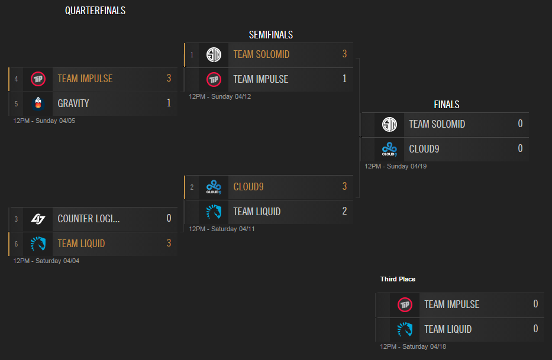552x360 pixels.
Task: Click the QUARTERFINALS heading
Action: tap(95, 11)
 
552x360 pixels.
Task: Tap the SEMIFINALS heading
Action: tap(270, 35)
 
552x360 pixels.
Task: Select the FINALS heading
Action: tap(446, 105)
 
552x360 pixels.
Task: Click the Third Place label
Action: tap(398, 279)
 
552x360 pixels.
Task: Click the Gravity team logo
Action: tap(38, 103)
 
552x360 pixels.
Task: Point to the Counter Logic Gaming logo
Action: tap(38, 219)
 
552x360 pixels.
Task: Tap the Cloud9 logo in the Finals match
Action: tap(389, 149)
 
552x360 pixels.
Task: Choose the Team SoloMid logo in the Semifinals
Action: tap(214, 54)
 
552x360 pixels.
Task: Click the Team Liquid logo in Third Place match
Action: tap(405, 329)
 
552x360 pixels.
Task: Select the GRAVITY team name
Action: tap(73, 103)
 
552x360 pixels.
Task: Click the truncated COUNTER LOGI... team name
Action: tap(89, 219)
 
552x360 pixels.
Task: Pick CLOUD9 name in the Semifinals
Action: tap(248, 187)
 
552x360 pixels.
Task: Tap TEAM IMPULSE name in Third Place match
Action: tap(451, 304)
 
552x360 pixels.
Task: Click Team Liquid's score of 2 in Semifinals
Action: tap(344, 212)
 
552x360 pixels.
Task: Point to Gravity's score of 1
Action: tap(169, 103)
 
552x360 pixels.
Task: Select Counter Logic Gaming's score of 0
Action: tap(169, 219)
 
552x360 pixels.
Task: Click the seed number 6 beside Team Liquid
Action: tap(17, 244)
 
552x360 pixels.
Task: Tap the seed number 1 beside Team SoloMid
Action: tap(192, 55)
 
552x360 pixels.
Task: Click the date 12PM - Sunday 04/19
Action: tap(395, 166)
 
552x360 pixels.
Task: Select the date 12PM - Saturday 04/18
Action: tap(412, 346)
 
